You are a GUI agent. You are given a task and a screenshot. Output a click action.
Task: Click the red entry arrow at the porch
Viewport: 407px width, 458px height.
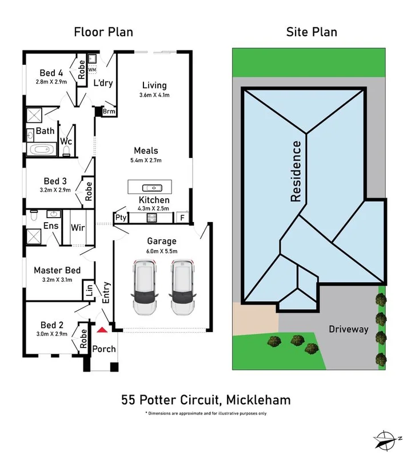[x=102, y=330]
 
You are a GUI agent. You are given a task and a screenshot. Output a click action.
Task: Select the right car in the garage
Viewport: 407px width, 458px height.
[x=181, y=286]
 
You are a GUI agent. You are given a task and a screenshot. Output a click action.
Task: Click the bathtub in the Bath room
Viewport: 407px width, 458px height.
[x=42, y=151]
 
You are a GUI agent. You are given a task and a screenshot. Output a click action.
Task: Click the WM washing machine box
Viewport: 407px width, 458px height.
[x=92, y=70]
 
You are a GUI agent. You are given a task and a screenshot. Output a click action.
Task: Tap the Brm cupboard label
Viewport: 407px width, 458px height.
[x=109, y=112]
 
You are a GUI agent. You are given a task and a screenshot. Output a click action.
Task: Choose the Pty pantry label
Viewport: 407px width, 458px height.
[x=121, y=218]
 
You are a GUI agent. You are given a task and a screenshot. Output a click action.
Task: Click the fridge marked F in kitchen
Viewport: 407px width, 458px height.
[x=182, y=218]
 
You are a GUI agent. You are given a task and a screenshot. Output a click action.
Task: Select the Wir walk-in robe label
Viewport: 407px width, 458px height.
[x=78, y=227]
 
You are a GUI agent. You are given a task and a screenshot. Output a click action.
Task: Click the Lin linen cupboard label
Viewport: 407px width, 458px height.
[x=89, y=291]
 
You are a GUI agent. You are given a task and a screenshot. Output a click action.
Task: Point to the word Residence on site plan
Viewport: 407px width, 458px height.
[x=296, y=171]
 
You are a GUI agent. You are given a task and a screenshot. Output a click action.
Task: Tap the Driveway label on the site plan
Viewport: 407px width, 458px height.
[x=347, y=329]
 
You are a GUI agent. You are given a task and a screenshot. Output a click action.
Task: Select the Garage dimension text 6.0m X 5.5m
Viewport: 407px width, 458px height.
[x=162, y=251]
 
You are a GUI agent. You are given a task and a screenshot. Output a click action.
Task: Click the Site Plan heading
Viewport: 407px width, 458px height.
[x=312, y=32]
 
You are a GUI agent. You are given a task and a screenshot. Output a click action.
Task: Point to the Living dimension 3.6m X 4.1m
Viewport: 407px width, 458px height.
[x=154, y=95]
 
